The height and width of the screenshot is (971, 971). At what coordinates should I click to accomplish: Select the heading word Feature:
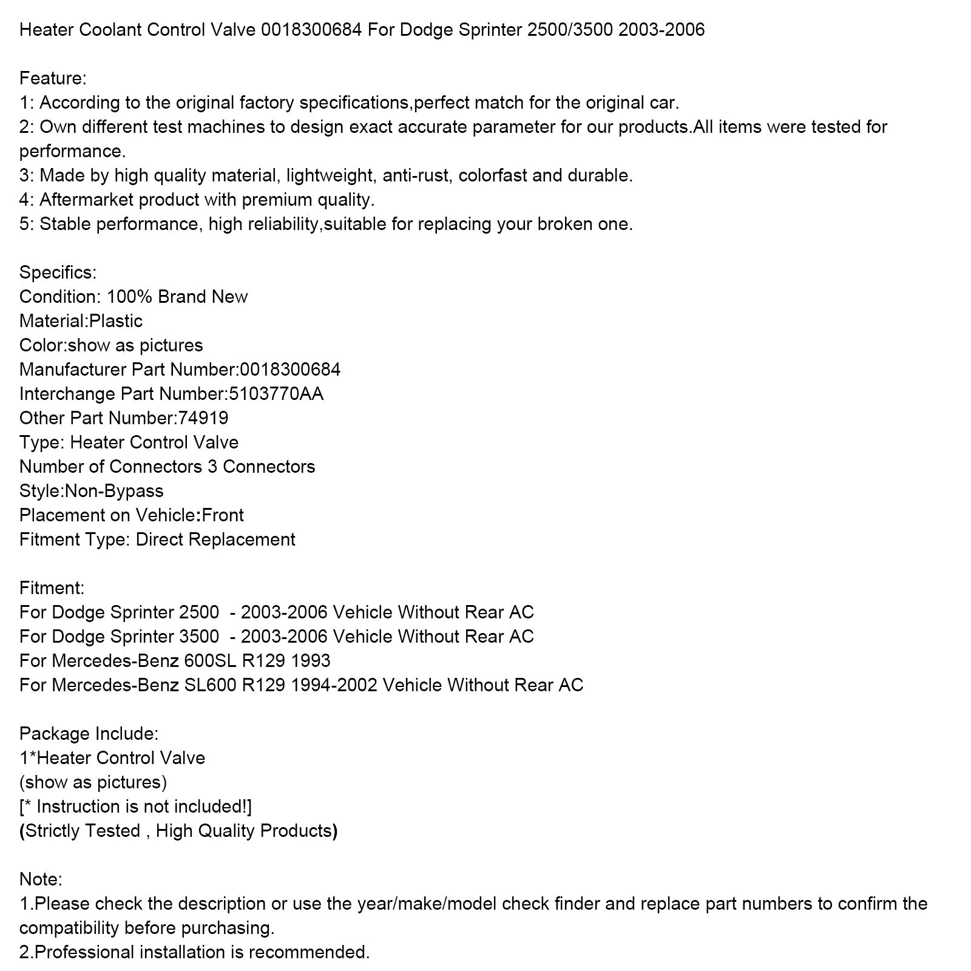tap(53, 78)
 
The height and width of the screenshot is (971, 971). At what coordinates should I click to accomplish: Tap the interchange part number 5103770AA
tap(276, 394)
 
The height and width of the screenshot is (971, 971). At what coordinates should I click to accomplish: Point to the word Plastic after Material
tap(116, 321)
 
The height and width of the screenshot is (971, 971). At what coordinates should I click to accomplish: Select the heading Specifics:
tap(58, 272)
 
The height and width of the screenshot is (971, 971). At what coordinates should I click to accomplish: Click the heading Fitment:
tap(52, 588)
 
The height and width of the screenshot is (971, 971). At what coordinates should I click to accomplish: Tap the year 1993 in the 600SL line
tap(311, 661)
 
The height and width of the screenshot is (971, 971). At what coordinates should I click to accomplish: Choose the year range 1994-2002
tap(334, 685)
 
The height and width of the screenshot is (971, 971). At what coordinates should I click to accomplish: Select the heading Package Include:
tap(89, 734)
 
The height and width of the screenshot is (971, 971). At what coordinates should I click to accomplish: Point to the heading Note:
tap(41, 879)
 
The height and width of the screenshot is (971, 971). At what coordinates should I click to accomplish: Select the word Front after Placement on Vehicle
tap(223, 515)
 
